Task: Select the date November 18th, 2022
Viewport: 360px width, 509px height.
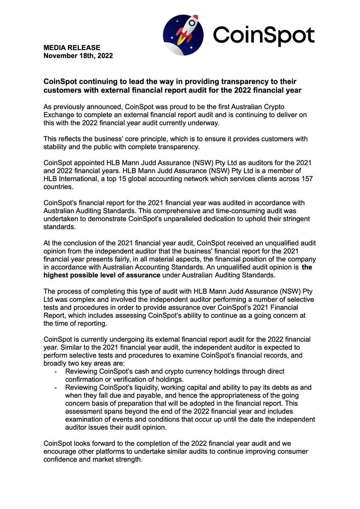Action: tap(78, 56)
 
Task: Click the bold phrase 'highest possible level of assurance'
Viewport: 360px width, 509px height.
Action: tap(102, 275)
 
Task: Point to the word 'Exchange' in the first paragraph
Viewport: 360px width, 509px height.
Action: tap(59, 115)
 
